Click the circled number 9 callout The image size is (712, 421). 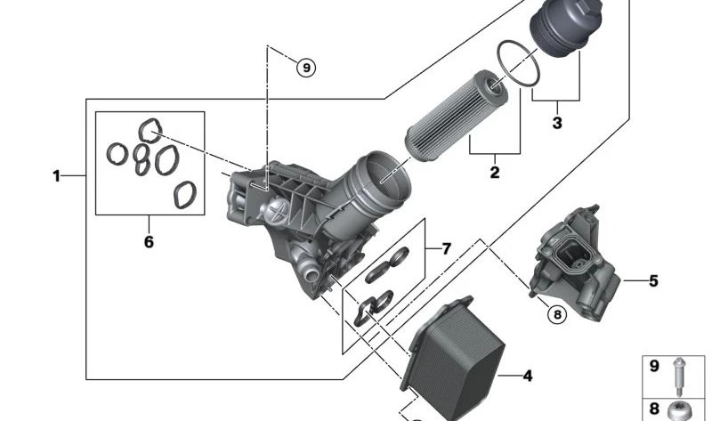(305, 68)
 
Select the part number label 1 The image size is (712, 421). (56, 176)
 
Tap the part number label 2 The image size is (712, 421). (495, 173)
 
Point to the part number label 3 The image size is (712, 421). (557, 123)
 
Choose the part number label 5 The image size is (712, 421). (653, 281)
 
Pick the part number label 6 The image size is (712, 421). (149, 241)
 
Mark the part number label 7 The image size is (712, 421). (447, 248)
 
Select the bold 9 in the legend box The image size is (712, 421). (654, 366)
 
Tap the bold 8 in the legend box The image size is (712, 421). (654, 409)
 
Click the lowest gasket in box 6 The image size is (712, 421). (185, 194)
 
